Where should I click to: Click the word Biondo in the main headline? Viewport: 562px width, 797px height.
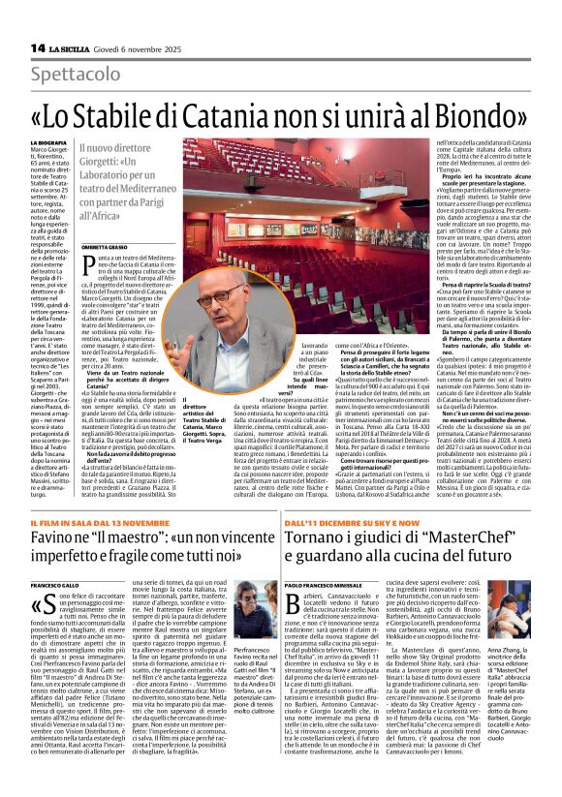(472, 112)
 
